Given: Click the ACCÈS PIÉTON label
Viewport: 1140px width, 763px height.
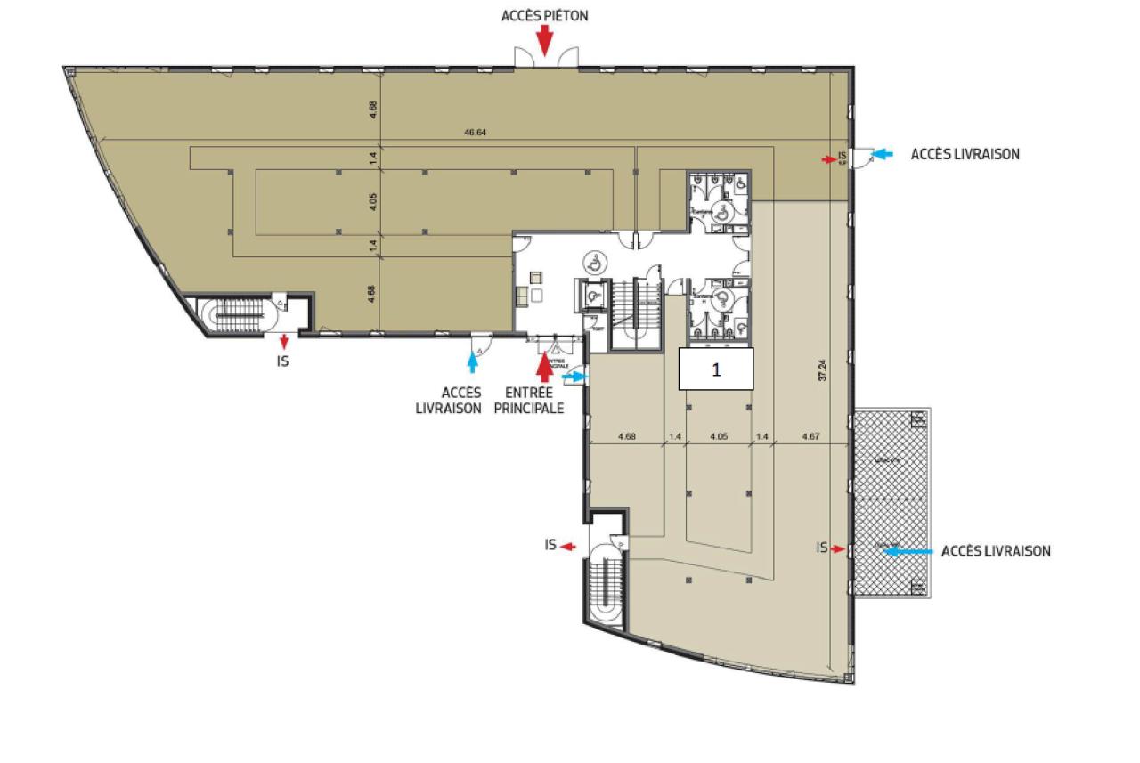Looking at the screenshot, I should pos(544,16).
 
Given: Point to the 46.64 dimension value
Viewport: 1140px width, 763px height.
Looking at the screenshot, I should pos(475,133).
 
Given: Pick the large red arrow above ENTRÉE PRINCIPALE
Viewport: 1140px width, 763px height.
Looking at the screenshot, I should pos(545,365).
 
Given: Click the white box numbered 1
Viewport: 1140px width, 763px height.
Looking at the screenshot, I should pos(716,369).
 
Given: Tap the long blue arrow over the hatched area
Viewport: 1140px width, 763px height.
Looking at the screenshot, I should pos(908,551).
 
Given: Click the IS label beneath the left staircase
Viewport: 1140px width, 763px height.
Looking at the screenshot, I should pos(283,361).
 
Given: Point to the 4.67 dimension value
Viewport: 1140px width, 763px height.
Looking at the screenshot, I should pos(810,437).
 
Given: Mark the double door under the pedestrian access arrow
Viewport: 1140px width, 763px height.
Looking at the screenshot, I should pos(545,56).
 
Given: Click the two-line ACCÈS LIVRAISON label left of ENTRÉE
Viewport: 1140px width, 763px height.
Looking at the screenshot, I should pos(461,400).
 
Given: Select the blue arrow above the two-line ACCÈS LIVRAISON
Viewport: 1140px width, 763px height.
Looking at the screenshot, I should pos(473,361).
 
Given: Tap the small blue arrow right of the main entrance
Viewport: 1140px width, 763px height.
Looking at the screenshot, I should pos(574,377).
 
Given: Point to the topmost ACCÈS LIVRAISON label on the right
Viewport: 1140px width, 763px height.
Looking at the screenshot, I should pos(965,154).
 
